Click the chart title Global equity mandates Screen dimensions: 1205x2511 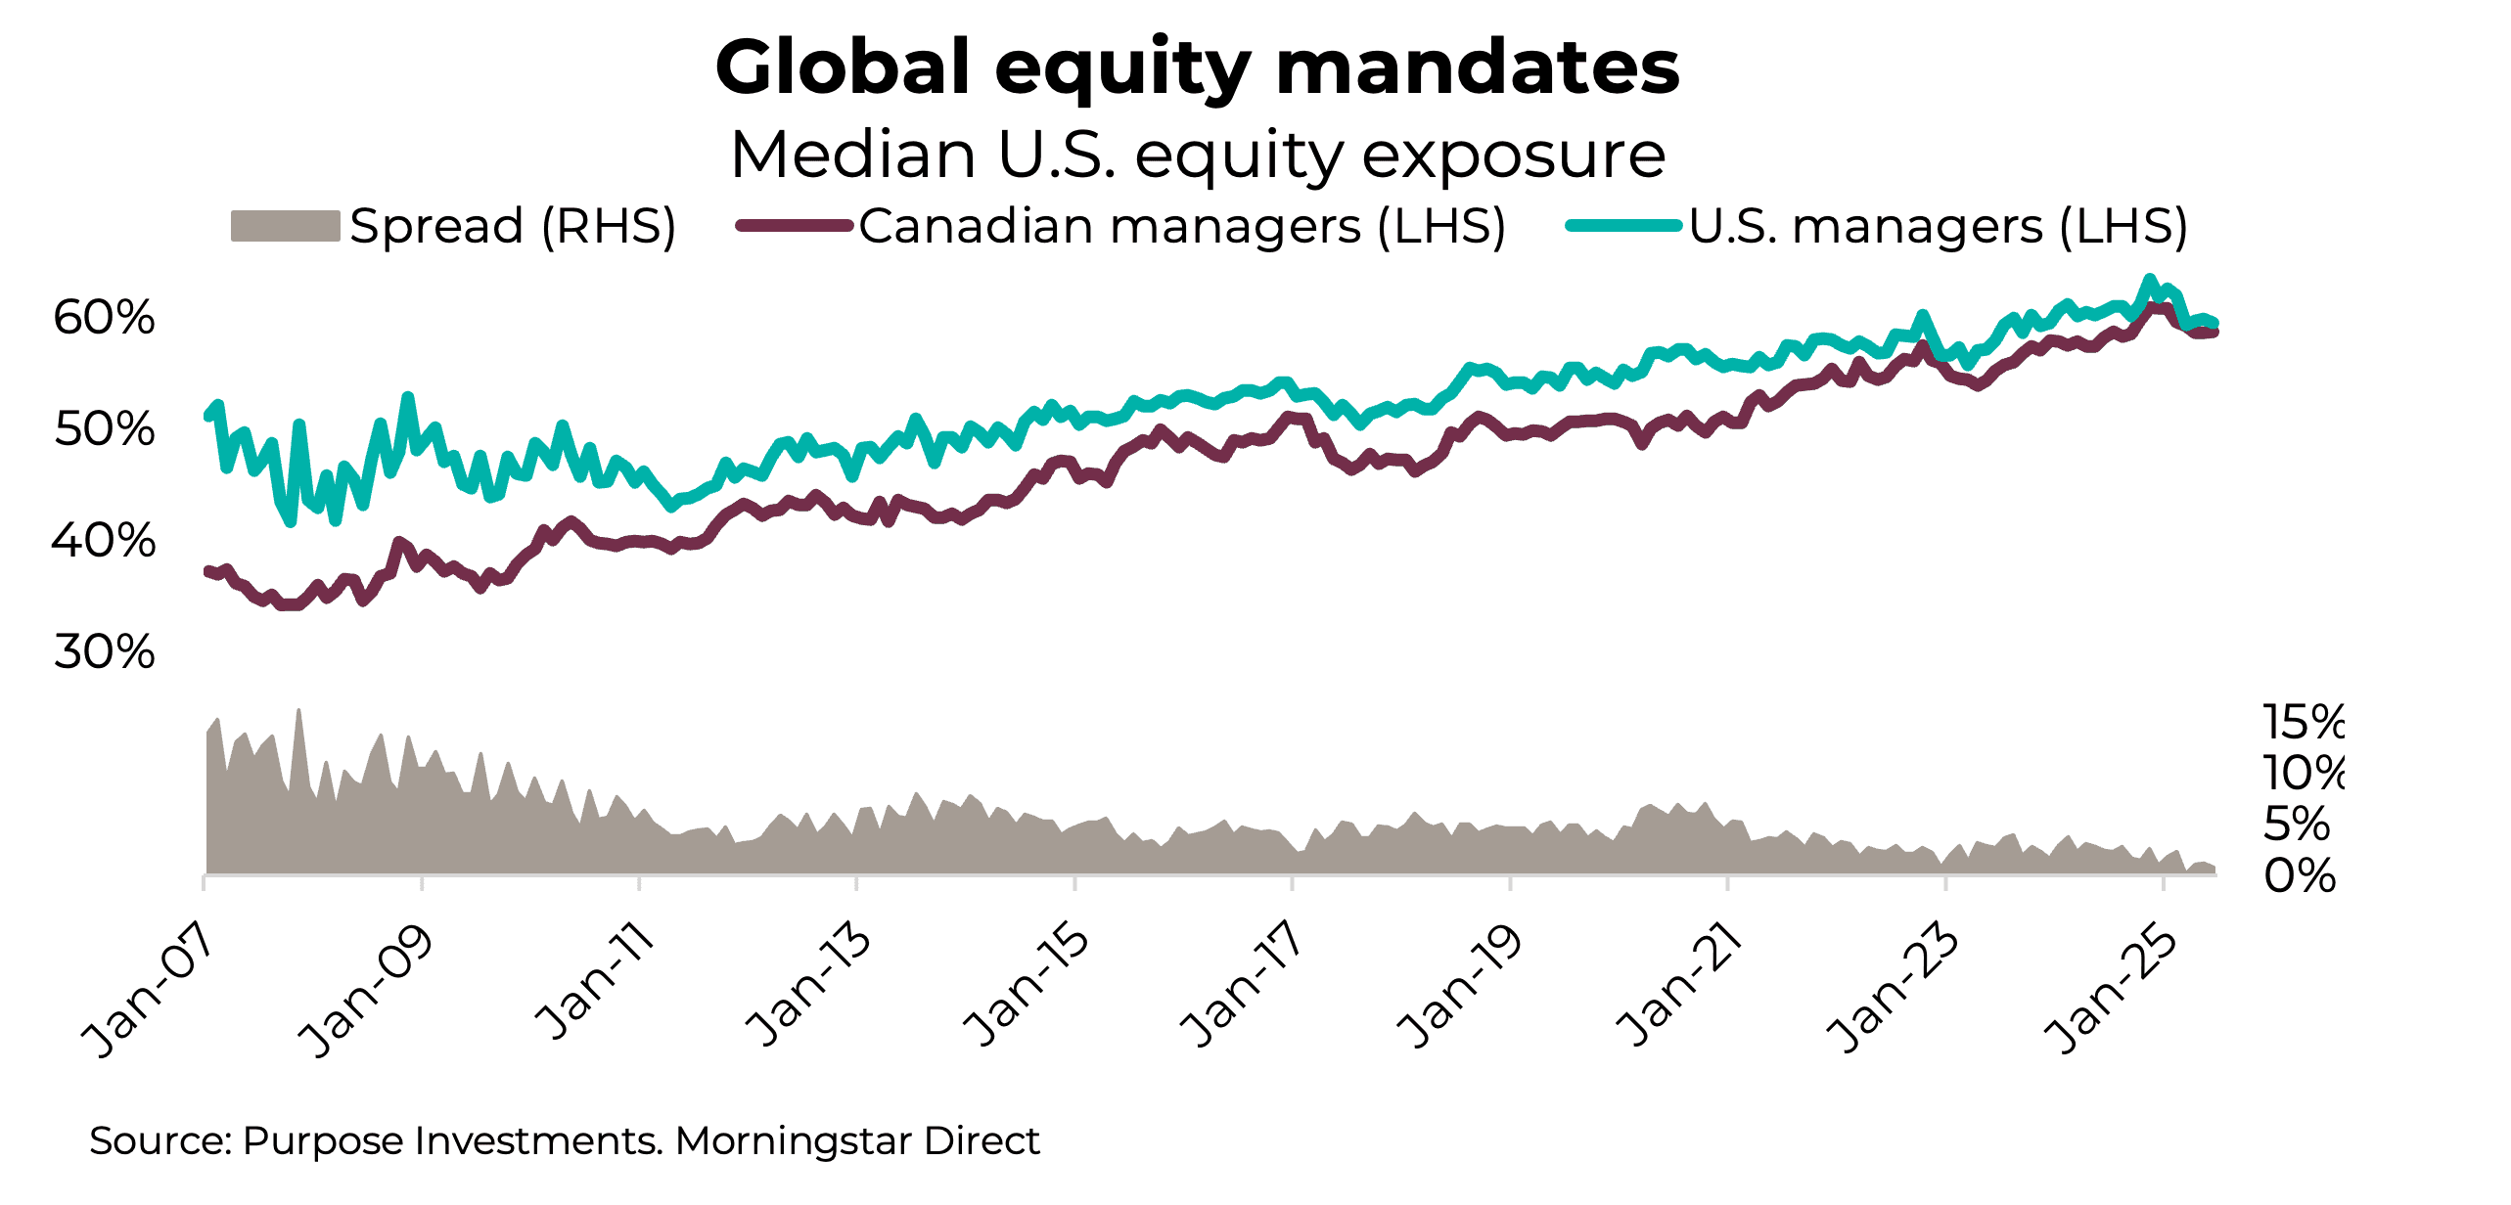click(1197, 67)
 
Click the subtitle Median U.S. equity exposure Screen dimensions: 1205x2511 click(1197, 155)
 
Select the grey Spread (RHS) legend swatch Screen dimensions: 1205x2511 click(285, 226)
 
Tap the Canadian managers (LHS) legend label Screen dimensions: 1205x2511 click(1181, 226)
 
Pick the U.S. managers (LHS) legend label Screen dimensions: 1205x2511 click(1938, 226)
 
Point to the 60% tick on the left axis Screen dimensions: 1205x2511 click(104, 318)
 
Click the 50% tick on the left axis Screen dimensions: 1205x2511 click(104, 429)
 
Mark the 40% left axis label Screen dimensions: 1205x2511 click(104, 541)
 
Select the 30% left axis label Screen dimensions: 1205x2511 click(104, 652)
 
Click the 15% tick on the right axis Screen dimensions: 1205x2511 click(2303, 723)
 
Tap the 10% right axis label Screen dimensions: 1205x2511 click(2303, 774)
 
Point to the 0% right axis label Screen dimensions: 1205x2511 click(2299, 876)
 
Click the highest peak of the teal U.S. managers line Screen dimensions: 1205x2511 click(2150, 279)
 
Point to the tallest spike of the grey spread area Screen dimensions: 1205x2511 click(298, 711)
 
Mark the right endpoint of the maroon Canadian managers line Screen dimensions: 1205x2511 click(2214, 333)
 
